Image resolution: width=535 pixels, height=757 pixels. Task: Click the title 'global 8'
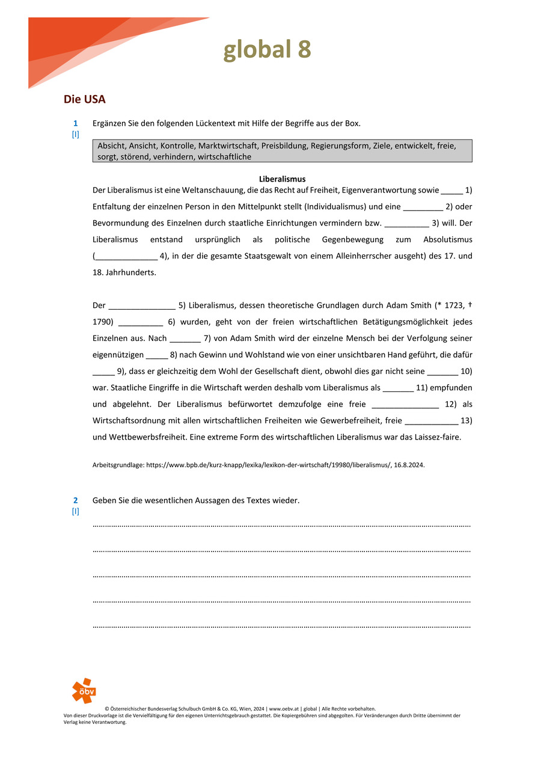pyautogui.click(x=267, y=50)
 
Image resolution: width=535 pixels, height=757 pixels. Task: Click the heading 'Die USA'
pyautogui.click(x=85, y=99)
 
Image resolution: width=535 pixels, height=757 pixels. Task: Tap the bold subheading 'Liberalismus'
pyautogui.click(x=282, y=179)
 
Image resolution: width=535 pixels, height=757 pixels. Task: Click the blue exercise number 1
pyautogui.click(x=76, y=123)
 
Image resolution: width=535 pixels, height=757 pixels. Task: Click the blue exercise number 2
pyautogui.click(x=76, y=500)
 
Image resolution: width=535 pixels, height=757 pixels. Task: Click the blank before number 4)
pyautogui.click(x=126, y=256)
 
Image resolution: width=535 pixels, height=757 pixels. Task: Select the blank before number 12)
pyautogui.click(x=405, y=405)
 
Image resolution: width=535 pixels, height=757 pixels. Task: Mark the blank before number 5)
pyautogui.click(x=142, y=305)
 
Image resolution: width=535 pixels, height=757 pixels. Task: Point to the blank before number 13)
pyautogui.click(x=432, y=421)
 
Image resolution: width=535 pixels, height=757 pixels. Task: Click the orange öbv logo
pyautogui.click(x=84, y=690)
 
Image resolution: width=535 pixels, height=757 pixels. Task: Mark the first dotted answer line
pyautogui.click(x=281, y=526)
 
